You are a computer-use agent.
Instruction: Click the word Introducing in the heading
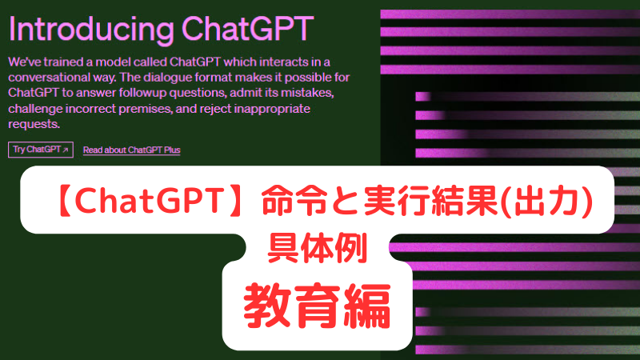pyautogui.click(x=91, y=30)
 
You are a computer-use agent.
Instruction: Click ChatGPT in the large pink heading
pyautogui.click(x=247, y=28)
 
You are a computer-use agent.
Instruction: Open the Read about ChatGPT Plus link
pyautogui.click(x=132, y=150)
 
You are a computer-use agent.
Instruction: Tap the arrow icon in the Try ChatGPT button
pyautogui.click(x=66, y=150)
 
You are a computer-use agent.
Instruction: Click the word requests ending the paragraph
pyautogui.click(x=34, y=124)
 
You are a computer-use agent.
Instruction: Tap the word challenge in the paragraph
pyautogui.click(x=35, y=109)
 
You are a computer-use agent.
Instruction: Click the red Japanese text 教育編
pyautogui.click(x=317, y=306)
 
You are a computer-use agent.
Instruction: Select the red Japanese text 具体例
pyautogui.click(x=317, y=248)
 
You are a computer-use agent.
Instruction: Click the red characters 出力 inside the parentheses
pyautogui.click(x=546, y=202)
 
